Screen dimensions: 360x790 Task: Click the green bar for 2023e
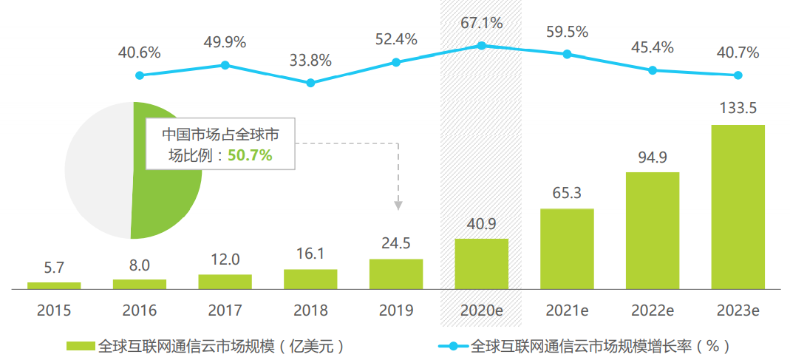coord(738,206)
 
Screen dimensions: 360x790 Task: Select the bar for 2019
coord(396,274)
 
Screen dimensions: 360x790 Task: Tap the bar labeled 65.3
coord(567,248)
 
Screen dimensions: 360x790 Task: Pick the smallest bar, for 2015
coord(54,285)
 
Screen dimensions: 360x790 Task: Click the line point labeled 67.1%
coord(481,46)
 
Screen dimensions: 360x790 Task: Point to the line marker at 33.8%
coord(310,83)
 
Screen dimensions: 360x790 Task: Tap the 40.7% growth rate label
coord(738,52)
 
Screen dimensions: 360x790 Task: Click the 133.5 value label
coord(738,109)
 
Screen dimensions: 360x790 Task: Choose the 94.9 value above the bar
coord(653,157)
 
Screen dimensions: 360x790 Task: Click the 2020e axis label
coord(481,310)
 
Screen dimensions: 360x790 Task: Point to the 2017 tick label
coord(225,310)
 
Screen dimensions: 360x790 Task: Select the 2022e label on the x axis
coord(653,310)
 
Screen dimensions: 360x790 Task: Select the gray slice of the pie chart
coord(96,170)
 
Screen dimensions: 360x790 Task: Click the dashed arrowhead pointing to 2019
coord(398,203)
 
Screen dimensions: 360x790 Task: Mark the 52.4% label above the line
coord(396,39)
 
